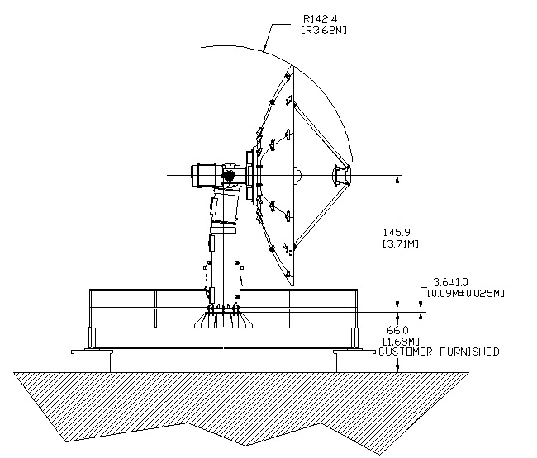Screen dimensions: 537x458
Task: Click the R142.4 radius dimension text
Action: coord(321,18)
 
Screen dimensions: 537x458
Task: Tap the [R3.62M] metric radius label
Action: coord(324,30)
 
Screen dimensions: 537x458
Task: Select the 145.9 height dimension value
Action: coord(397,232)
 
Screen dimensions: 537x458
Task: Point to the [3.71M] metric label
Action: coord(400,244)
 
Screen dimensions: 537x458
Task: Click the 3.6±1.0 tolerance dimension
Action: coord(451,282)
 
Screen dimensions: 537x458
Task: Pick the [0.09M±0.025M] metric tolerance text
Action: coord(465,293)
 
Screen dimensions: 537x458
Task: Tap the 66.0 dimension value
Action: coord(397,330)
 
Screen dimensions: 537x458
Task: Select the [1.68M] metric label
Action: coord(401,341)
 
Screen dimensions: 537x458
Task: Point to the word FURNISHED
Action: coord(469,352)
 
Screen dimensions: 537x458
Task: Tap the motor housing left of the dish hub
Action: coord(204,175)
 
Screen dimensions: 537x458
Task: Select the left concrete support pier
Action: coord(92,361)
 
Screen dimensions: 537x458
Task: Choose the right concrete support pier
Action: coord(354,361)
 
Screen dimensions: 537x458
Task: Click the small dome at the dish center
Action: coord(297,175)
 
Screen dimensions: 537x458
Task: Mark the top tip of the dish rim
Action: coord(292,66)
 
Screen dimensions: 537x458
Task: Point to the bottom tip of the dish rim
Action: coord(292,285)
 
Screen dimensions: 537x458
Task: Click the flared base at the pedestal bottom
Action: coord(223,320)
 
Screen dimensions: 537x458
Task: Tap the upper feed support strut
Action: coord(321,135)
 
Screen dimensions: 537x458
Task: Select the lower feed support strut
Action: coord(321,215)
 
